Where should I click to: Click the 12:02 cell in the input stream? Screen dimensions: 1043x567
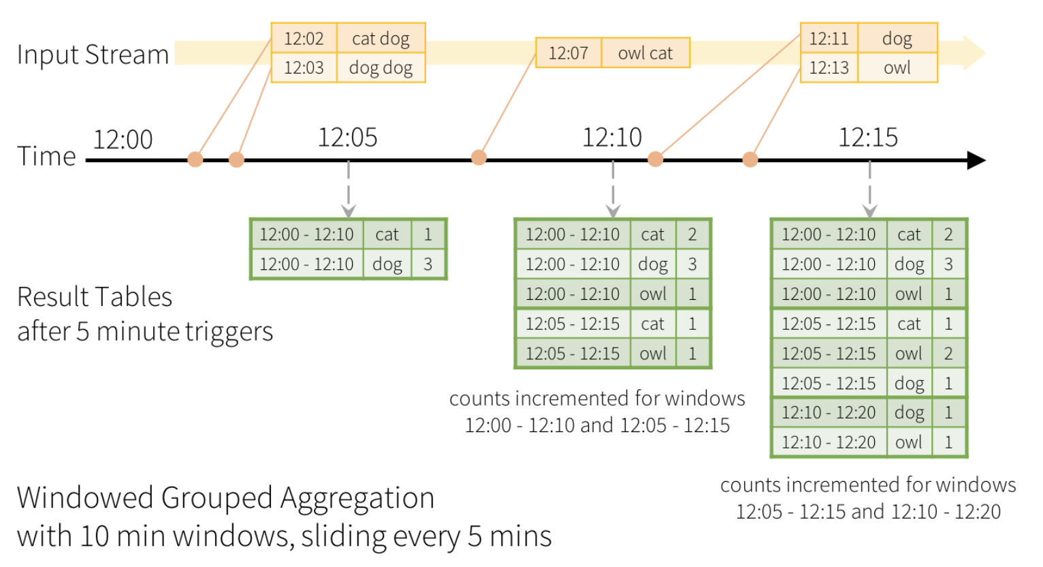point(304,38)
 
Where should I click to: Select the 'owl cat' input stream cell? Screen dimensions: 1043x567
point(645,53)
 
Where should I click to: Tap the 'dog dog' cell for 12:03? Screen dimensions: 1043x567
point(381,68)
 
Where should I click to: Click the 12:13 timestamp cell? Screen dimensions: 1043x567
point(829,68)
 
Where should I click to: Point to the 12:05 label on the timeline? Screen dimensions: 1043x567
point(347,138)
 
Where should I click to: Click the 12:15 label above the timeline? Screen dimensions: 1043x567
point(868,138)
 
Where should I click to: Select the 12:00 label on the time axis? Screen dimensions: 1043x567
point(123,139)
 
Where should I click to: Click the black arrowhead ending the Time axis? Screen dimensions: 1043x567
point(976,160)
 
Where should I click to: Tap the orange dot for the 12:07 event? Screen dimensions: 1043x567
point(479,157)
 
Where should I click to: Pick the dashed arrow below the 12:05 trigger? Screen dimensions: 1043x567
point(349,189)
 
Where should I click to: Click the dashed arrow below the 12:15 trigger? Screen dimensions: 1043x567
point(870,189)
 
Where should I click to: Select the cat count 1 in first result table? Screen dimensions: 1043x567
point(428,234)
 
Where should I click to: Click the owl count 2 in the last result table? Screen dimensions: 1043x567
point(948,354)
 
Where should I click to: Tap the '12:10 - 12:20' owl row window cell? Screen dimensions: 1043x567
point(829,442)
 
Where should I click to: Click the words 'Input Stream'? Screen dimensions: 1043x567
point(93,54)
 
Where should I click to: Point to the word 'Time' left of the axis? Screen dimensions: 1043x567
point(46,155)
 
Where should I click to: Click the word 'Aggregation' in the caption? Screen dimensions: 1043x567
point(357,498)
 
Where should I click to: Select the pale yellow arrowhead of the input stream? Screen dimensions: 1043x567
point(974,52)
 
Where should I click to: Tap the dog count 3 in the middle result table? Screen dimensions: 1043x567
point(692,264)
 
